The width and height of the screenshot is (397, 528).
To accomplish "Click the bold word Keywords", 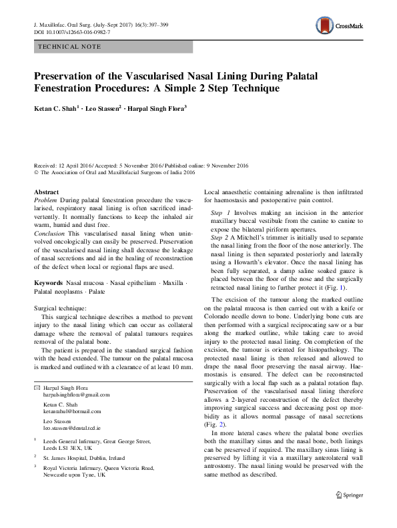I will (49, 283).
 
